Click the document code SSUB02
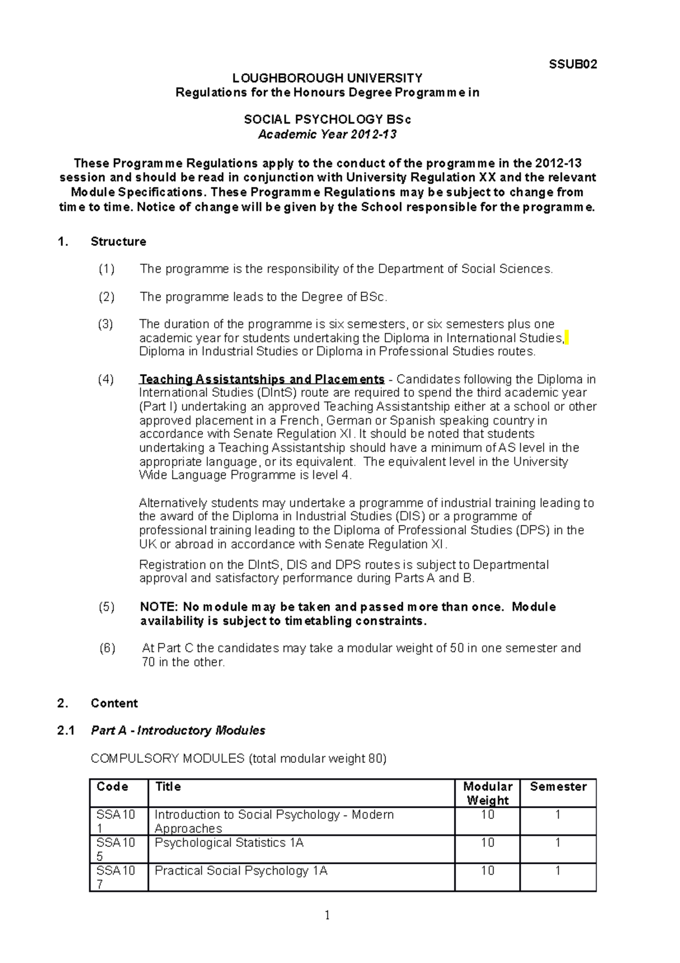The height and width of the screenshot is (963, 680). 573,65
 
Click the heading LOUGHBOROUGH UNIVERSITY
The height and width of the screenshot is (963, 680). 328,78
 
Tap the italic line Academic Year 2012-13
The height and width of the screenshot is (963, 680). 327,134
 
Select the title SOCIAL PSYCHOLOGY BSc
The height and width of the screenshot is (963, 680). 327,120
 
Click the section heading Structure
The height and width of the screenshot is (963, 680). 118,241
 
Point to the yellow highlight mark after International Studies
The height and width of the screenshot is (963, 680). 567,338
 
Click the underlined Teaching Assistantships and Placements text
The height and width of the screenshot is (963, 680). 262,379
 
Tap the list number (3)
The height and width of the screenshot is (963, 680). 105,324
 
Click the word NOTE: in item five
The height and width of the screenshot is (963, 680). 159,607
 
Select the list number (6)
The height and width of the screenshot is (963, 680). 107,648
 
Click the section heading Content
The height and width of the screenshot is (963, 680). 114,703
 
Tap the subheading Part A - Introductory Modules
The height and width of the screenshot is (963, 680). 178,731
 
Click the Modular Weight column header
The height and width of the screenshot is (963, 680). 487,793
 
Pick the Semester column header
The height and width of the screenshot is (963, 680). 558,787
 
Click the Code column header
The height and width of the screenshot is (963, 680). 112,787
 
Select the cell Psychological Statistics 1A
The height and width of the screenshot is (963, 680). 229,843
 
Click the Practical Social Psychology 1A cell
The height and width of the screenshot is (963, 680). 241,871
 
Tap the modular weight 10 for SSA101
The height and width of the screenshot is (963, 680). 487,814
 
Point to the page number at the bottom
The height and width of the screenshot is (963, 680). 327,915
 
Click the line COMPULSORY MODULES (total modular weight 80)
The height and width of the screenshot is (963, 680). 239,758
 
